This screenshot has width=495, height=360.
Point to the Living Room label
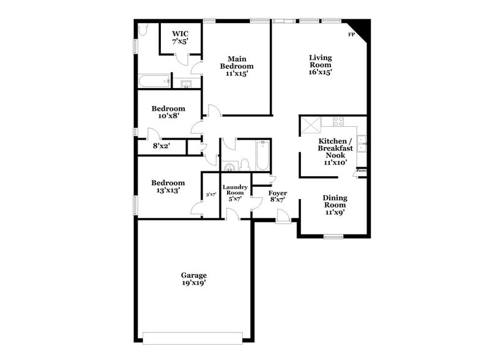[x=320, y=64]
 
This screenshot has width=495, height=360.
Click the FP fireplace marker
[x=351, y=34]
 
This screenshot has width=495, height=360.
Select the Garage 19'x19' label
[x=193, y=279]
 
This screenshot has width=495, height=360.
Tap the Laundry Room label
[x=235, y=192]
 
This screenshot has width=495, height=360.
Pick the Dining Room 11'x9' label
[x=335, y=205]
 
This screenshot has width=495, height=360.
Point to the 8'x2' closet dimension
[x=161, y=147]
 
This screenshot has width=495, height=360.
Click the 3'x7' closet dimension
[x=211, y=194]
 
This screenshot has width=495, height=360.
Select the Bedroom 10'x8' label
[x=168, y=112]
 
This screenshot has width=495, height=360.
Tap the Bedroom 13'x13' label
[x=168, y=186]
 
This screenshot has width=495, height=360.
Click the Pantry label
[x=362, y=171]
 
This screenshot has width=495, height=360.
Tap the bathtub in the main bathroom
[x=154, y=81]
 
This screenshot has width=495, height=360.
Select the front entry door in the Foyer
[x=283, y=216]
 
